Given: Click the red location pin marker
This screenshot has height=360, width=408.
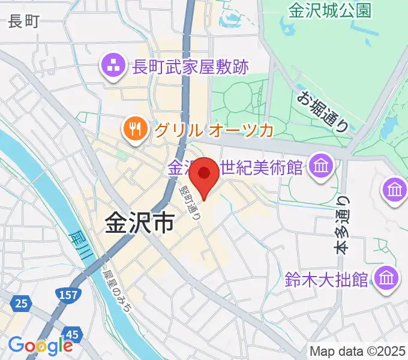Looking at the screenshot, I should tap(204, 175).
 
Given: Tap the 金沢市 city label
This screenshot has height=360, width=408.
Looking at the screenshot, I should tap(139, 224).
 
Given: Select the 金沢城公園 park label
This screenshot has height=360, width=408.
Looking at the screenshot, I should tap(330, 10).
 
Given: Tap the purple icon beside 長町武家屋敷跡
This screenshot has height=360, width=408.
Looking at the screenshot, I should tap(112, 65).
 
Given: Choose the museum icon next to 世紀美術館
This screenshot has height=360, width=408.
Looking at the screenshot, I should tap(322, 165).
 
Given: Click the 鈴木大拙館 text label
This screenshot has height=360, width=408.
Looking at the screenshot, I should tap(327, 280).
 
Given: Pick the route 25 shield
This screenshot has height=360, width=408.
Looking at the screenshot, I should tap(21, 304).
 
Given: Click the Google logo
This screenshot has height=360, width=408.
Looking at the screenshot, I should tap(40, 346).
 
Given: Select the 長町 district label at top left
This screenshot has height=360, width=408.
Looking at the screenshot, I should tap(24, 23).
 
